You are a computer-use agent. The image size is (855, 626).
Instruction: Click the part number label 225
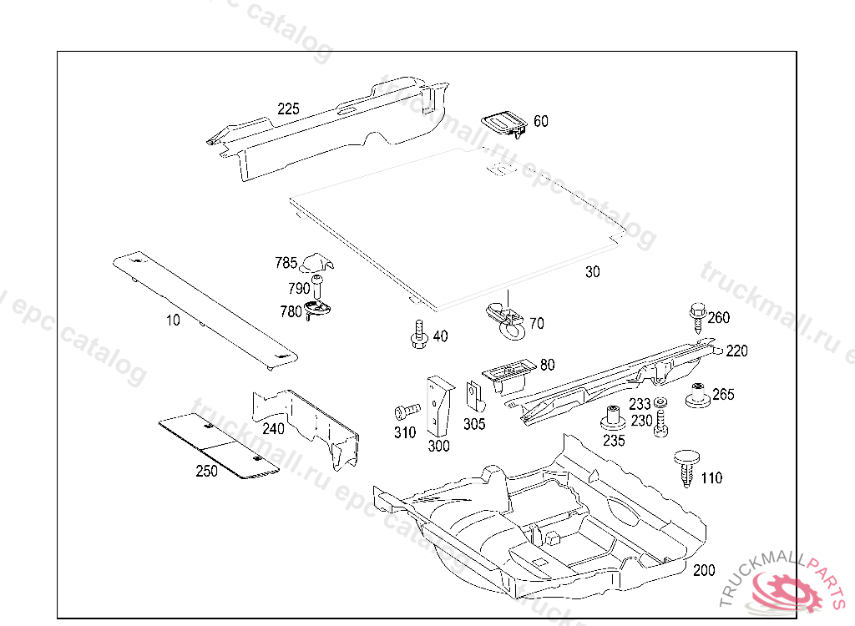[x=288, y=109]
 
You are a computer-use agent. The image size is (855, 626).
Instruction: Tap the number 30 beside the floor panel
[x=592, y=272]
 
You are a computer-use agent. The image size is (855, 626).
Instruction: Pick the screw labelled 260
[x=696, y=316]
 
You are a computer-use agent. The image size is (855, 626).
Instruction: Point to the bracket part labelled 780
[x=318, y=310]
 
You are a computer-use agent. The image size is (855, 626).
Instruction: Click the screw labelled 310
[x=407, y=411]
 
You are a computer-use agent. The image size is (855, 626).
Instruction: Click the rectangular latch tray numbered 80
[x=506, y=372]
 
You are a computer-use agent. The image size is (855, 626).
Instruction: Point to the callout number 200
[x=704, y=571]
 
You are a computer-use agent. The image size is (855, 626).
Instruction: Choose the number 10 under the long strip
[x=172, y=321]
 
